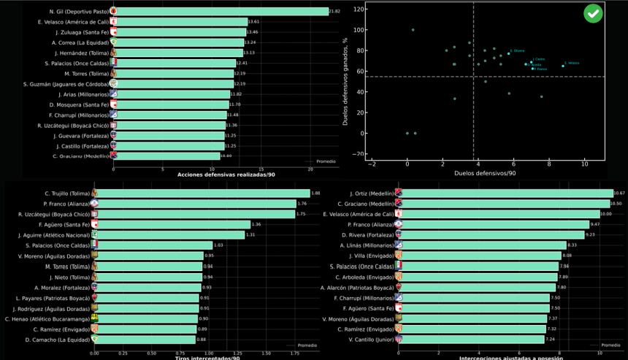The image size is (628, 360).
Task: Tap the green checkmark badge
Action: point(593,14)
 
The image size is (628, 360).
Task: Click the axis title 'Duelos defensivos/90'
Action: point(486,173)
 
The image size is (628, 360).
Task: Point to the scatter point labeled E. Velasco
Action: point(562,66)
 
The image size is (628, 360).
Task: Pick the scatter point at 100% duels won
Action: point(413,30)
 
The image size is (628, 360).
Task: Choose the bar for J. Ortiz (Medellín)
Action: point(504,193)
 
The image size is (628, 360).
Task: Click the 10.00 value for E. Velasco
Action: point(605,214)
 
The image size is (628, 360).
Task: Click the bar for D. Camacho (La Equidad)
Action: point(146,340)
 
